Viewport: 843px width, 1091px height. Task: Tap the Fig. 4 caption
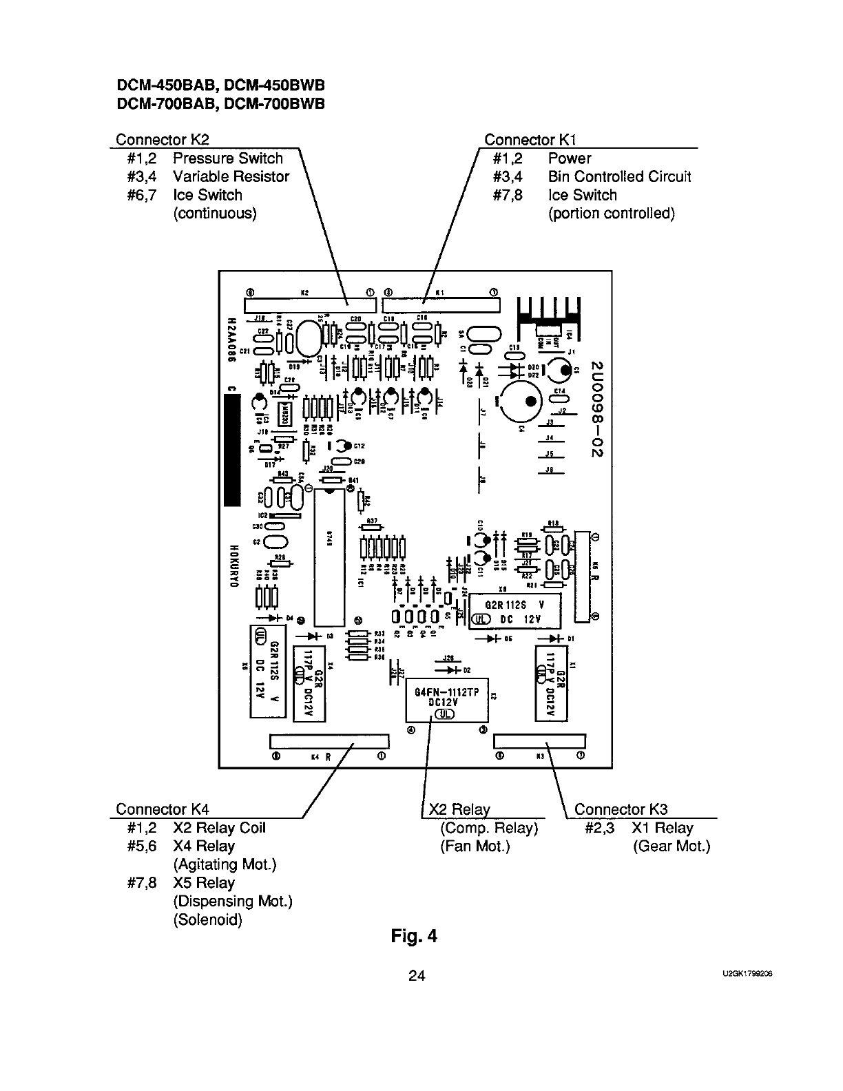tap(413, 936)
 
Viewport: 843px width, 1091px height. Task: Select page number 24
tap(417, 975)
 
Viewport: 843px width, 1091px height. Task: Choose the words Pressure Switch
tap(227, 158)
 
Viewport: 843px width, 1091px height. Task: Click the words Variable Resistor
tap(231, 177)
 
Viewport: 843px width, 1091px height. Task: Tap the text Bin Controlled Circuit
tap(619, 177)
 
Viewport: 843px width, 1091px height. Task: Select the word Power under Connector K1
tap(569, 158)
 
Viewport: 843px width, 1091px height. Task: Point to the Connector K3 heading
tap(621, 809)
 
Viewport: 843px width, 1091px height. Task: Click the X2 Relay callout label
tap(459, 809)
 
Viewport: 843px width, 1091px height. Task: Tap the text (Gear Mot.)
tap(671, 846)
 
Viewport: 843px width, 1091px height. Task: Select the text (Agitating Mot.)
tap(225, 864)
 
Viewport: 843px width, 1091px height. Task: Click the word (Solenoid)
tap(207, 920)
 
